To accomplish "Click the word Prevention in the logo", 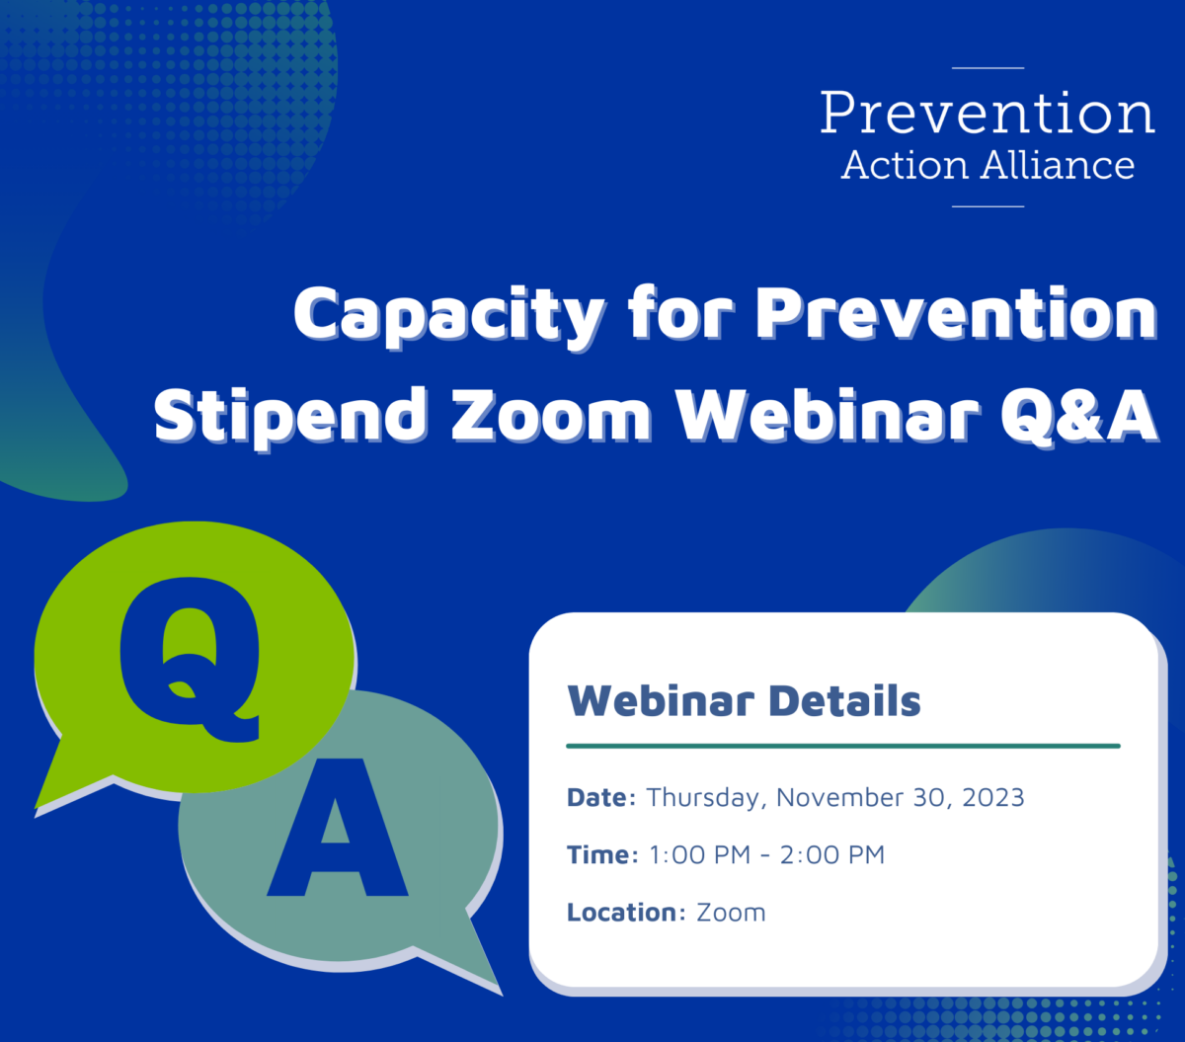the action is click(x=987, y=112).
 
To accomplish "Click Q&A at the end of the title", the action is click(x=1079, y=414).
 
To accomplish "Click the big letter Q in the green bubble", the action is click(x=190, y=660).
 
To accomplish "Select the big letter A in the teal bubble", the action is click(x=338, y=827).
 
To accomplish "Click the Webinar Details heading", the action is click(x=744, y=699).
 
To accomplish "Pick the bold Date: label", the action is click(x=601, y=797).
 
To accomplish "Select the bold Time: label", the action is click(x=602, y=854).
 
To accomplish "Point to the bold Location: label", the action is click(x=626, y=912).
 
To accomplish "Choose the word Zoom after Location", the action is click(x=731, y=913).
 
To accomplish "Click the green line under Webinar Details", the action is click(x=843, y=746).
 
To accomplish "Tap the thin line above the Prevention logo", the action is click(x=987, y=68).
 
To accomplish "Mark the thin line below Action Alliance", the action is click(x=987, y=206).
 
